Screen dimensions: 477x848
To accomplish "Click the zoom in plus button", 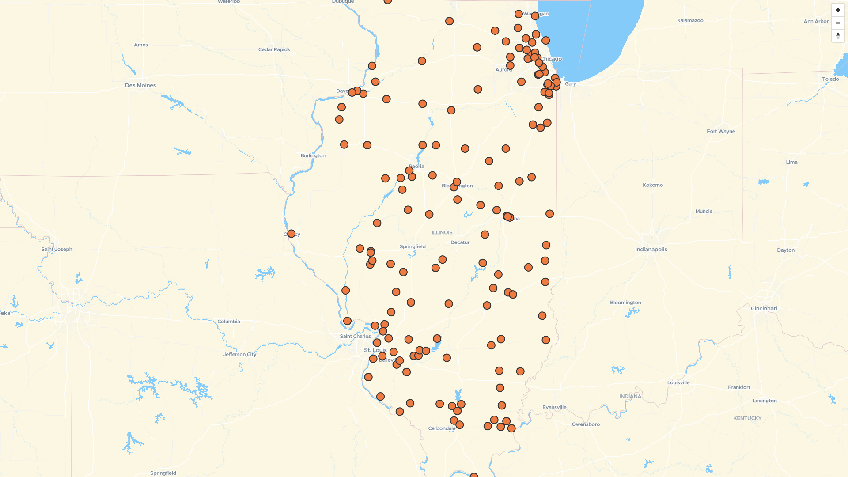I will coord(838,10).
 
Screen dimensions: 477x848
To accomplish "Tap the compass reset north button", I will coord(838,35).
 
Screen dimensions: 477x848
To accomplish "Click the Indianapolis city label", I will coord(651,250).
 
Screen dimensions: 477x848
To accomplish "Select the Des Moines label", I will coord(140,85).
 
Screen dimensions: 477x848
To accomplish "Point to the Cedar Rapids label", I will coord(274,49).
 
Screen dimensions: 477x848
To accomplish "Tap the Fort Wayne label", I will coord(721,131).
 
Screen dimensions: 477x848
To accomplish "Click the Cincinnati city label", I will coord(764,309).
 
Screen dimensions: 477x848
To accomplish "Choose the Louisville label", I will coord(678,382).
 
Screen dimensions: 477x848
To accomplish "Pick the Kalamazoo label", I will coord(690,20).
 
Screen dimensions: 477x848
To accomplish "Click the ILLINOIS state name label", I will coord(442,232).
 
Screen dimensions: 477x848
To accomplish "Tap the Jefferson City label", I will coord(239,354).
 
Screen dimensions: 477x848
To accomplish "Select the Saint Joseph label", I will coord(57,249).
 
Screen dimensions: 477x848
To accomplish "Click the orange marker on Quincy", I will coord(291,234).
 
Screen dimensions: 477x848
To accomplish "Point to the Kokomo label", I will coord(652,185).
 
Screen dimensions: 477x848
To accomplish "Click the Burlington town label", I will coord(313,155).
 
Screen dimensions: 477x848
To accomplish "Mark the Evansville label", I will coord(554,407).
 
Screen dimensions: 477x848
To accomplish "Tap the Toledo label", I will coord(830,79).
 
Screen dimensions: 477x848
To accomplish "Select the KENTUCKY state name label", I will coord(747,418).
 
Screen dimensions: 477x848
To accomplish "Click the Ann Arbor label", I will coord(816,21).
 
